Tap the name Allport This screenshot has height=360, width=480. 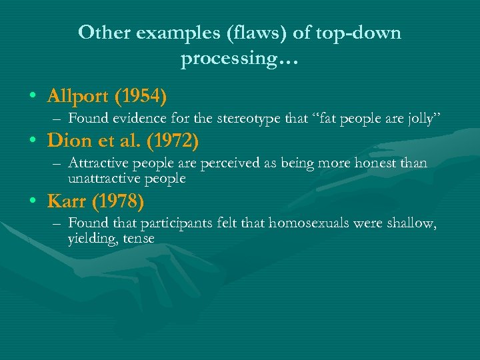tap(79, 96)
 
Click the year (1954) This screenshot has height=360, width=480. tap(141, 96)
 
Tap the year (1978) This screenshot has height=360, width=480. tap(119, 201)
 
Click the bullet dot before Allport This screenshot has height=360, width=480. tap(33, 97)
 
